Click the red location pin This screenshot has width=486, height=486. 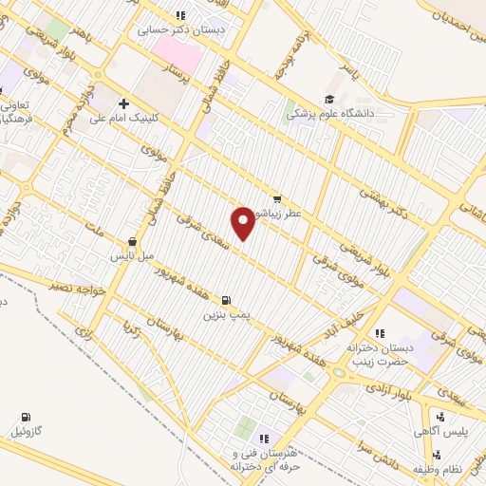pos(244,221)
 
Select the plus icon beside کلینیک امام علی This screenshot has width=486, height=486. pos(124,103)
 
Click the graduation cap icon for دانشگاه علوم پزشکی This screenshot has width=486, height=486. pos(329,99)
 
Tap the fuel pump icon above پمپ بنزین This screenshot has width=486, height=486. pos(225,299)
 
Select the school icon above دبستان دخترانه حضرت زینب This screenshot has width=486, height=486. pos(380,333)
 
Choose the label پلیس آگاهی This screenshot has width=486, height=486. pos(439,432)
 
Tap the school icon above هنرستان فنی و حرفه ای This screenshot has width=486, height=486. pos(265,438)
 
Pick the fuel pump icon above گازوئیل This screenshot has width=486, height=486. pos(26,417)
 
